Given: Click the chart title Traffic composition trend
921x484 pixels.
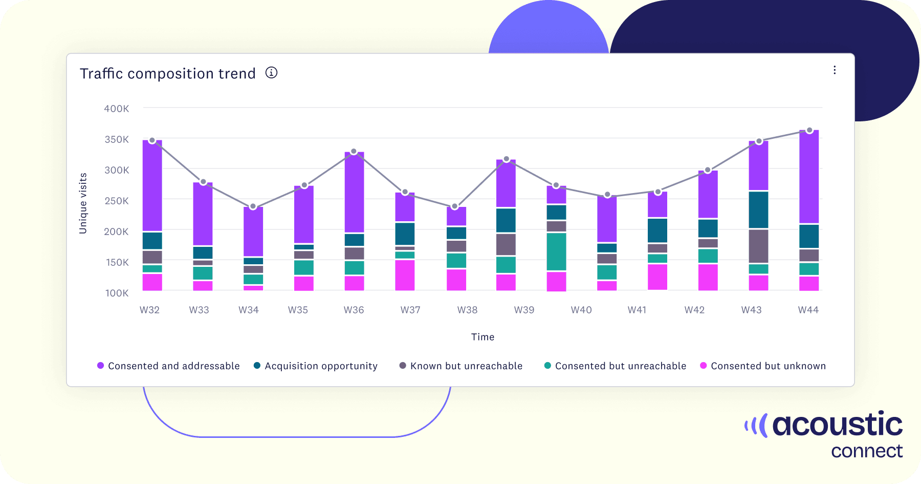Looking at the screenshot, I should pyautogui.click(x=167, y=74).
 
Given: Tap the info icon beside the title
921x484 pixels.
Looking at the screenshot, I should pyautogui.click(x=271, y=73).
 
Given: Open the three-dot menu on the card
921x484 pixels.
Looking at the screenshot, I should pyautogui.click(x=835, y=70).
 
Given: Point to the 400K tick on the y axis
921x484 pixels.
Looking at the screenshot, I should pyautogui.click(x=117, y=109).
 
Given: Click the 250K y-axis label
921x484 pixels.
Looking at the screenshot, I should pyautogui.click(x=117, y=201).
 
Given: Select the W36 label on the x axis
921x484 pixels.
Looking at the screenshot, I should pyautogui.click(x=354, y=310).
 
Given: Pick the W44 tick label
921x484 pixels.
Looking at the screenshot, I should pyautogui.click(x=808, y=310).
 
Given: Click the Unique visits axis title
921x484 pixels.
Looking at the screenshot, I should pyautogui.click(x=83, y=203).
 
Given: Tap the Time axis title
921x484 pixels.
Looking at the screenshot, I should pyautogui.click(x=483, y=337).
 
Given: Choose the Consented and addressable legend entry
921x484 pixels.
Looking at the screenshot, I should pyautogui.click(x=168, y=366).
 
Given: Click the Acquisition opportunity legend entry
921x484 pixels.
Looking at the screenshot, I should pyautogui.click(x=316, y=366).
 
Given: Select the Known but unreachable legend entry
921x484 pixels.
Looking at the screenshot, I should pyautogui.click(x=461, y=366).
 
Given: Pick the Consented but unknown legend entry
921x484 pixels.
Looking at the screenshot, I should pyautogui.click(x=763, y=366).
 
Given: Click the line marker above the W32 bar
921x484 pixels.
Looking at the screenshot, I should pyautogui.click(x=152, y=140).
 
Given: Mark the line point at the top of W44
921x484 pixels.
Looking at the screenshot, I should pyautogui.click(x=809, y=131).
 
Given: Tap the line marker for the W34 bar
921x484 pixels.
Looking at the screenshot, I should pyautogui.click(x=253, y=206).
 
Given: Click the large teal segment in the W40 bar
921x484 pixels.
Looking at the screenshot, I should pyautogui.click(x=556, y=251).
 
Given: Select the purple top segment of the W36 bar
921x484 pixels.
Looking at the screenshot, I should pyautogui.click(x=354, y=192).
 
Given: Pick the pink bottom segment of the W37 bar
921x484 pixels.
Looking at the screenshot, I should pyautogui.click(x=405, y=275).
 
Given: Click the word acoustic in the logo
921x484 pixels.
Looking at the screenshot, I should pyautogui.click(x=837, y=425).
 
